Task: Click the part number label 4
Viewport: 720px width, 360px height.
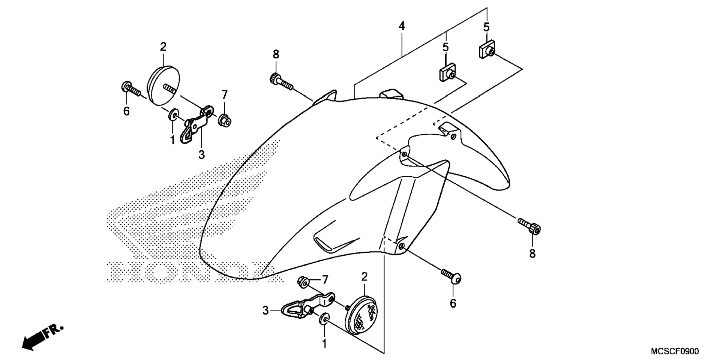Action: point(402,26)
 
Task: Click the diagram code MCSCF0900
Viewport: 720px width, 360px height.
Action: point(675,352)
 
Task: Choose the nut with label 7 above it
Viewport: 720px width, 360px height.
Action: point(224,121)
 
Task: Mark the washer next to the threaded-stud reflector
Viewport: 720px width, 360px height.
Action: point(173,114)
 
